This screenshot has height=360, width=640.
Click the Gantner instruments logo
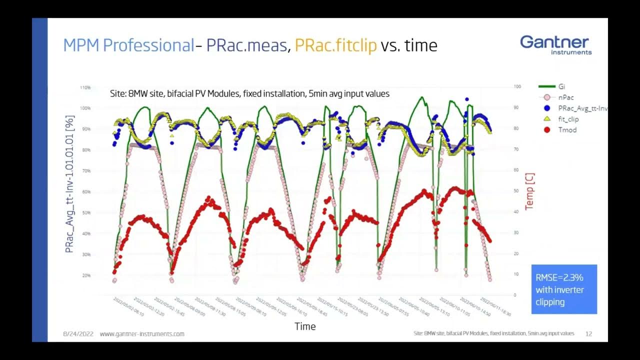coord(555,44)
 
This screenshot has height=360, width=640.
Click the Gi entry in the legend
coord(561,86)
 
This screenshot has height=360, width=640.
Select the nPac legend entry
coord(565,97)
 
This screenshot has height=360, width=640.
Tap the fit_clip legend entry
coord(568,119)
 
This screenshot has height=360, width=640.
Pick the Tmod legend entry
coord(567,130)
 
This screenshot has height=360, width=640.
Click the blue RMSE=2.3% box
coord(564,289)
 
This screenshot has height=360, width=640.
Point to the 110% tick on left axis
coord(84,87)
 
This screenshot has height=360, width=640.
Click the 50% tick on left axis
coord(85,213)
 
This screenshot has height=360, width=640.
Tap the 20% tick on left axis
coord(85,275)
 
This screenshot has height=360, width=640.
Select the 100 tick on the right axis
coord(517,86)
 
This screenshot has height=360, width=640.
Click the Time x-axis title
coord(305,326)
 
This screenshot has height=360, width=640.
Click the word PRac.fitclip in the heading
coord(335,45)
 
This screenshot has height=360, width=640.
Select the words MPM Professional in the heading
coord(128,45)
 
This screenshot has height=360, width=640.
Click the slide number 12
coord(588,333)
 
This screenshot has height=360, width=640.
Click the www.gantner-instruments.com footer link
coord(142,333)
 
